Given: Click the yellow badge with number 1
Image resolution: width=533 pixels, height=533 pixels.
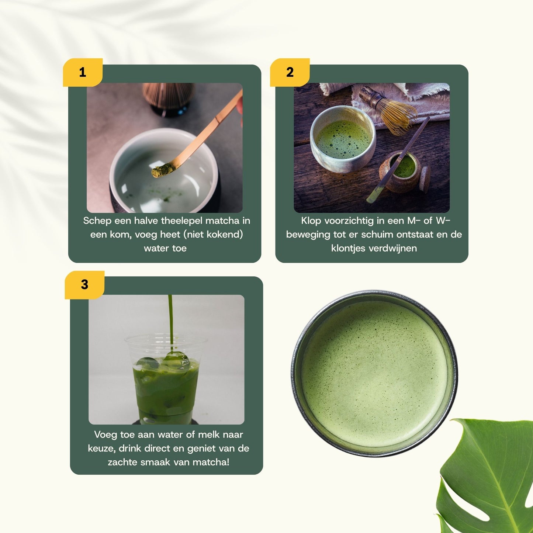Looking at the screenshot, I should pos(83,72).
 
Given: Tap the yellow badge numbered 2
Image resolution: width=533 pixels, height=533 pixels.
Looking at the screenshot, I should pos(290,72).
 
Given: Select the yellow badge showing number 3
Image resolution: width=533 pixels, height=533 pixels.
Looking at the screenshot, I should pos(84,285).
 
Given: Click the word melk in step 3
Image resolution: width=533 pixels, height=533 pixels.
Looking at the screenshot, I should pos(208,435).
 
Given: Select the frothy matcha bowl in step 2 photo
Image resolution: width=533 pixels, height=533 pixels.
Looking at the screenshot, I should pos(343,139).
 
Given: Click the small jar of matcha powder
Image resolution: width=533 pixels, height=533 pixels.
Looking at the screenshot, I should pos(404,172).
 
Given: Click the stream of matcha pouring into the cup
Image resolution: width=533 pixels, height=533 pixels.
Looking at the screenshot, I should pos(170,321).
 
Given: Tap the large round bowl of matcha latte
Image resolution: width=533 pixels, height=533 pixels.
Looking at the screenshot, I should pos(375,373).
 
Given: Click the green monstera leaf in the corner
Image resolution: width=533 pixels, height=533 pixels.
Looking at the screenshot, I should pos(487,480).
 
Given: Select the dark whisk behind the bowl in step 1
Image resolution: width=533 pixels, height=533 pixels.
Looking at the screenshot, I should pos(169,98).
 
